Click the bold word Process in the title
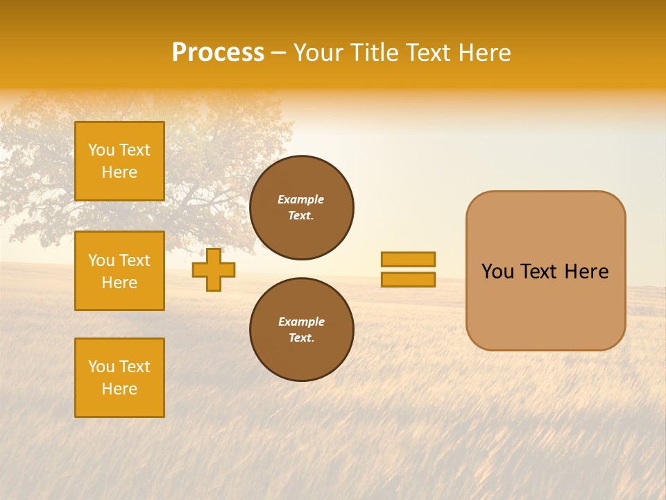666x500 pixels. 218,53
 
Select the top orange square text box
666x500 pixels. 119,161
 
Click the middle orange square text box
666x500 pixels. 119,271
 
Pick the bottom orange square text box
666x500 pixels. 119,378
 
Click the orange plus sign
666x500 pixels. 214,270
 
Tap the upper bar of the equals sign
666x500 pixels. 408,259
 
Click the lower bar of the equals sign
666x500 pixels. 408,279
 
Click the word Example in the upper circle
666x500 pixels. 300,199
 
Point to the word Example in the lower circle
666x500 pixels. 301,322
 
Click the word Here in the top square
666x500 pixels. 119,172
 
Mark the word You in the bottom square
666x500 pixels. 101,367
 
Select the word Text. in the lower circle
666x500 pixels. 301,337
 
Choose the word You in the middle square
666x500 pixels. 101,260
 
